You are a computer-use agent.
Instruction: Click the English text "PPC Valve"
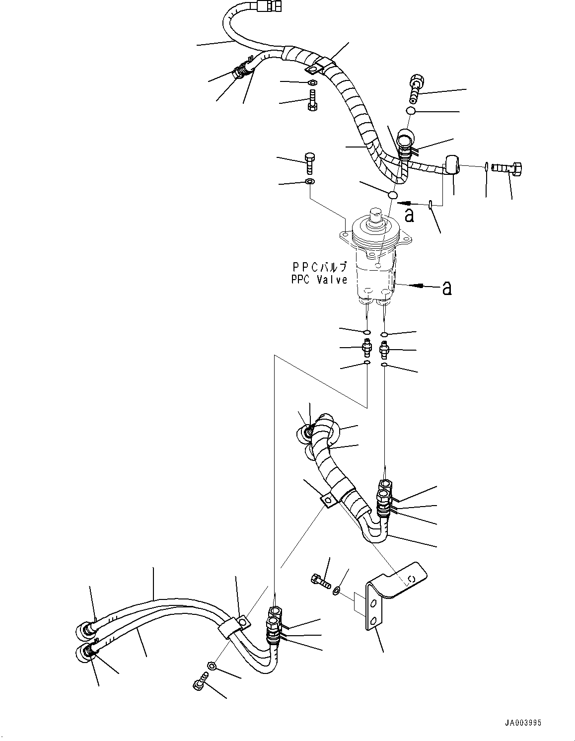tap(319, 280)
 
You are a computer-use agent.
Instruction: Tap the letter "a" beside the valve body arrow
tap(446, 288)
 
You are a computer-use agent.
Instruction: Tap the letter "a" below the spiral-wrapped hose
tap(409, 215)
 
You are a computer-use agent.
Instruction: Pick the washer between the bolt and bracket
tap(337, 590)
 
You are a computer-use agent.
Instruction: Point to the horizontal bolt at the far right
tap(505, 168)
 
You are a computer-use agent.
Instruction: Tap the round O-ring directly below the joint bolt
tap(411, 111)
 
